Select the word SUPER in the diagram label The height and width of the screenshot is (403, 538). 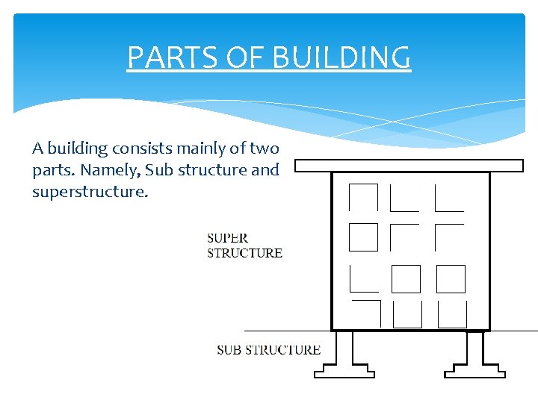[x=227, y=239]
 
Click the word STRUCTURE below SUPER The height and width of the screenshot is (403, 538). [x=244, y=253]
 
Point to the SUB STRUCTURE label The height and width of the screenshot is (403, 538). [x=268, y=349]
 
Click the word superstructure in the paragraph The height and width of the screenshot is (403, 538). [x=90, y=192]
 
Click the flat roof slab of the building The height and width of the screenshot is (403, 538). [x=409, y=166]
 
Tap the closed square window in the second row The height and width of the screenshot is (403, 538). [x=363, y=237]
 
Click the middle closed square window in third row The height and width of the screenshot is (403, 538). [x=406, y=279]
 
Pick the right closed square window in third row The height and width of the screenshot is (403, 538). [x=451, y=279]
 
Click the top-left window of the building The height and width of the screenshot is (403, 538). [x=363, y=197]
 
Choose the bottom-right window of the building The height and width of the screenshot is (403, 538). [x=452, y=314]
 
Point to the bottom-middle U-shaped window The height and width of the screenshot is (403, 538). [x=407, y=314]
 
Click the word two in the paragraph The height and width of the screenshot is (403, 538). [x=264, y=148]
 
